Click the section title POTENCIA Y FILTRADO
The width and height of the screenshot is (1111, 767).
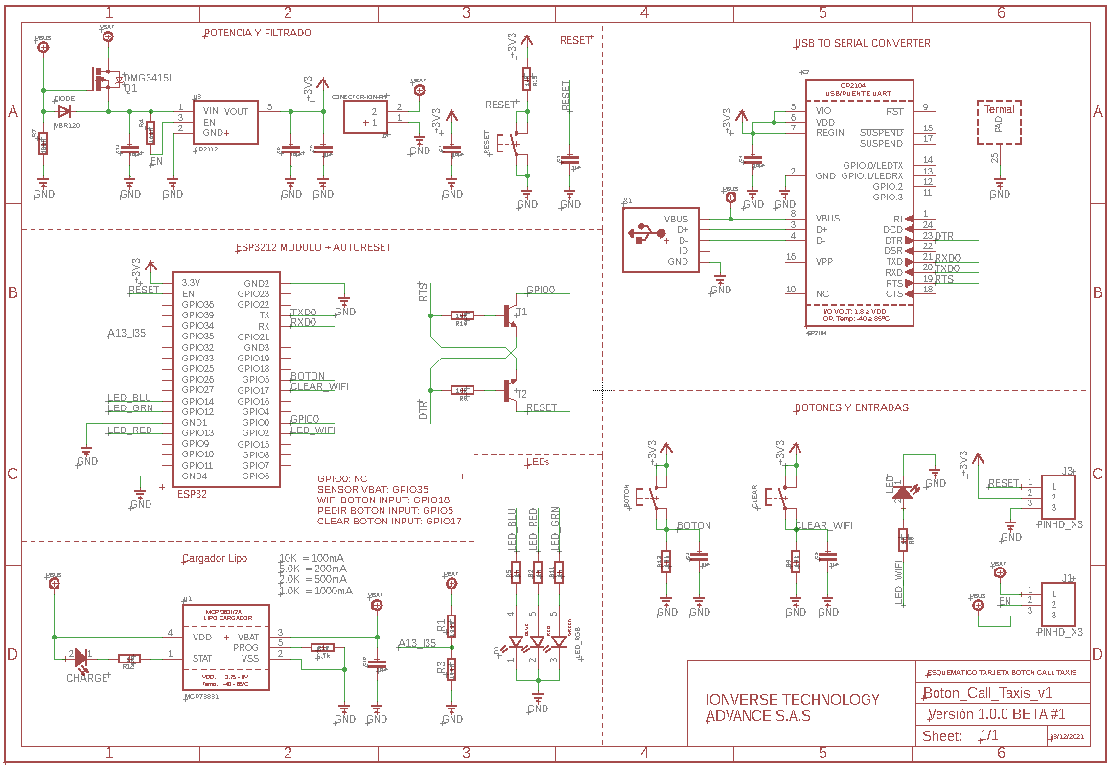click(257, 33)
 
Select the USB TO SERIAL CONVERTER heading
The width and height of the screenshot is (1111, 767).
click(862, 43)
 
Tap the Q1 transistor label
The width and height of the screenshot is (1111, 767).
click(130, 88)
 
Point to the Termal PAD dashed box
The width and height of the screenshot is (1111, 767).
click(1000, 121)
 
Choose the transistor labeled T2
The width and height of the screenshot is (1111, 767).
click(511, 391)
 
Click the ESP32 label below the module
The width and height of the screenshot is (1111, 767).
click(192, 494)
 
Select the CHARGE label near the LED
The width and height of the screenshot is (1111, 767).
click(87, 678)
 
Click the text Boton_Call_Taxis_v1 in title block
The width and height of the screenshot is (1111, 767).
click(987, 693)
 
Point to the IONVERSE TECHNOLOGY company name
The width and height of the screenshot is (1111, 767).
click(792, 700)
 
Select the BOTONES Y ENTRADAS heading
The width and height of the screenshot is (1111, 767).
click(851, 407)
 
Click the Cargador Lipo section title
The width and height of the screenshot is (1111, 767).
click(214, 558)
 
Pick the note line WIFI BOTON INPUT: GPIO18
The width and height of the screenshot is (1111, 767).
click(383, 500)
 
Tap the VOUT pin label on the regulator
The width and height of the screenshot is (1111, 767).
click(237, 112)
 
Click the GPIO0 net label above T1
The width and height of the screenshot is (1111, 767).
click(541, 290)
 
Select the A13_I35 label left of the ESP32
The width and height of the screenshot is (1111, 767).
click(127, 334)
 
